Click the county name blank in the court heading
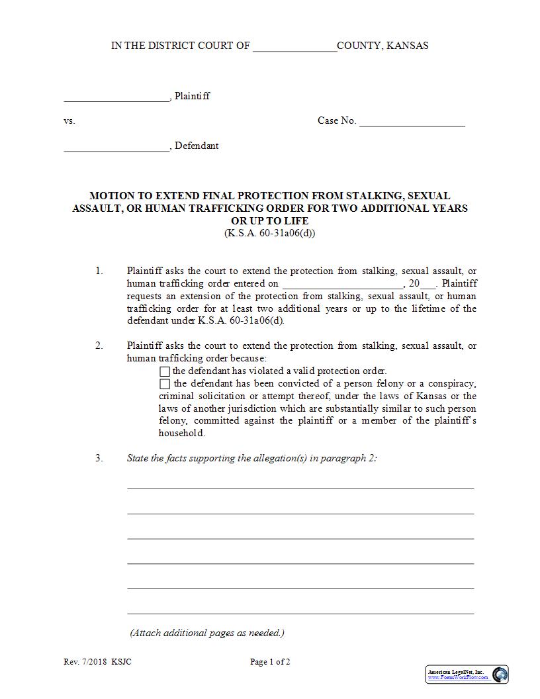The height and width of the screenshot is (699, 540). click(294, 47)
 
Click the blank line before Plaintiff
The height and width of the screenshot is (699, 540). click(116, 97)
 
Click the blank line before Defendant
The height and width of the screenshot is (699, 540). click(116, 147)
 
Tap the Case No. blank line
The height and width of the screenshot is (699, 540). click(412, 122)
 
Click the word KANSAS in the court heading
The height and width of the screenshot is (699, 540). click(407, 46)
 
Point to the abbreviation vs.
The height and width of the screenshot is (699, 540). click(69, 121)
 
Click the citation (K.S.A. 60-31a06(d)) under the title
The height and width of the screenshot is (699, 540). click(270, 233)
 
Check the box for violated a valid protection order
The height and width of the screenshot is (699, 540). click(165, 371)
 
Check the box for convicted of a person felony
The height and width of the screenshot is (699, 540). click(165, 384)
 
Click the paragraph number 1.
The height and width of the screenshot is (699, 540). click(99, 271)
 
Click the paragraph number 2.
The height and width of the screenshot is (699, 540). click(99, 346)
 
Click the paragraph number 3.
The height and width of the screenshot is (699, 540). click(99, 458)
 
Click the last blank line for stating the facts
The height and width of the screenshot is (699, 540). click(300, 612)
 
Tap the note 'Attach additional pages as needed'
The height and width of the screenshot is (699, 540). click(207, 633)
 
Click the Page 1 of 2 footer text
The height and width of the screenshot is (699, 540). click(270, 662)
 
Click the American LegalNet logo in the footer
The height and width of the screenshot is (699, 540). click(467, 675)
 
